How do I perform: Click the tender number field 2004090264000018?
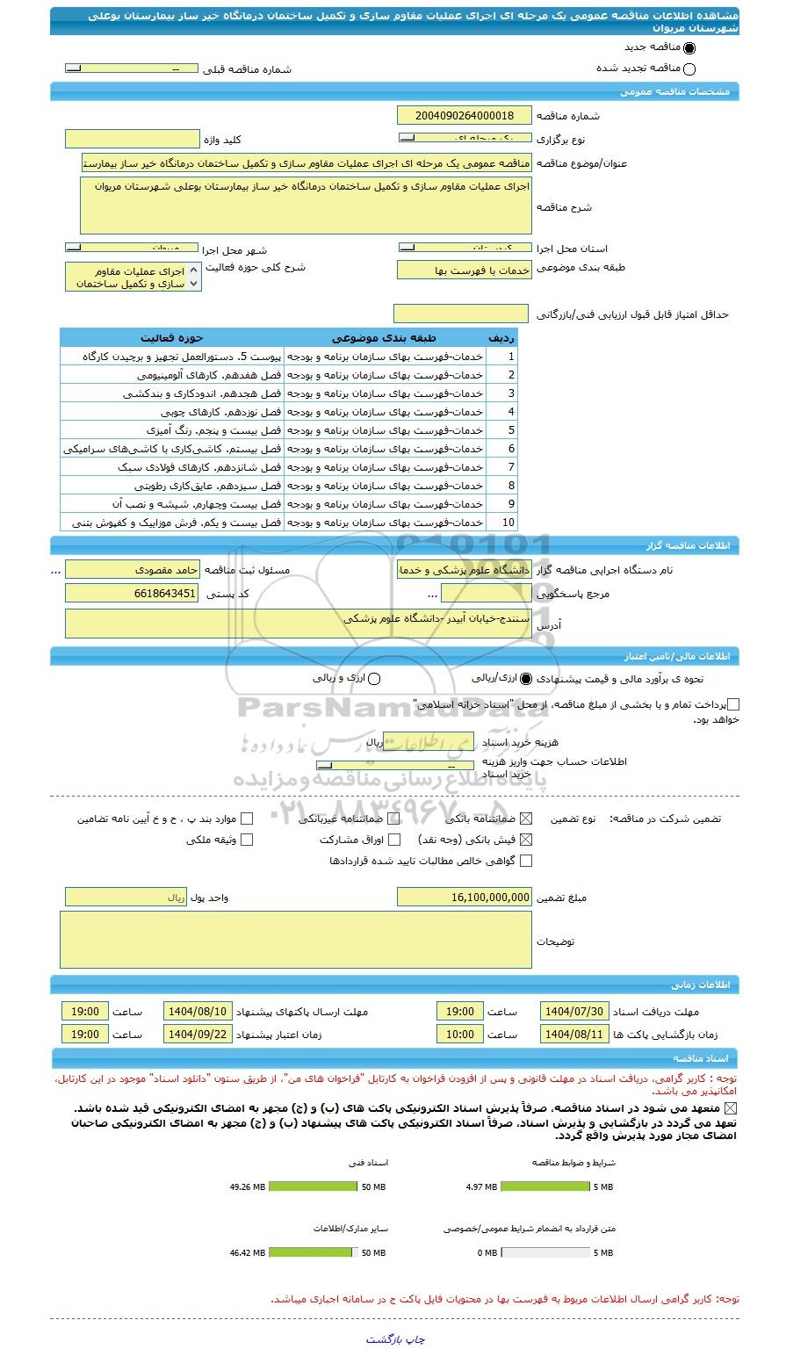click(465, 116)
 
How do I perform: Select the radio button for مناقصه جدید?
click(689, 49)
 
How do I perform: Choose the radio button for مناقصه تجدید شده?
click(689, 69)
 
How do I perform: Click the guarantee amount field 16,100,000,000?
click(465, 897)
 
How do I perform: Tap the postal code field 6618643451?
click(133, 594)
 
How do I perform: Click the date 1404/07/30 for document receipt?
click(574, 1011)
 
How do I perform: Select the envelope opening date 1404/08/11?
click(574, 1034)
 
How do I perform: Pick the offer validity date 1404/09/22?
click(198, 1034)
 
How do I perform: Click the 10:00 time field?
click(459, 1034)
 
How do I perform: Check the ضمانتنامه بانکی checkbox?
click(526, 819)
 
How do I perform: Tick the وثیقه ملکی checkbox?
click(247, 840)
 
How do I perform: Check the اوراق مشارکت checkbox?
click(394, 840)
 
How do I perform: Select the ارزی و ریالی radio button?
click(375, 679)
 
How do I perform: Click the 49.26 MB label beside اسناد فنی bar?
click(247, 1186)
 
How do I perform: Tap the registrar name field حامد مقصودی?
click(133, 570)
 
